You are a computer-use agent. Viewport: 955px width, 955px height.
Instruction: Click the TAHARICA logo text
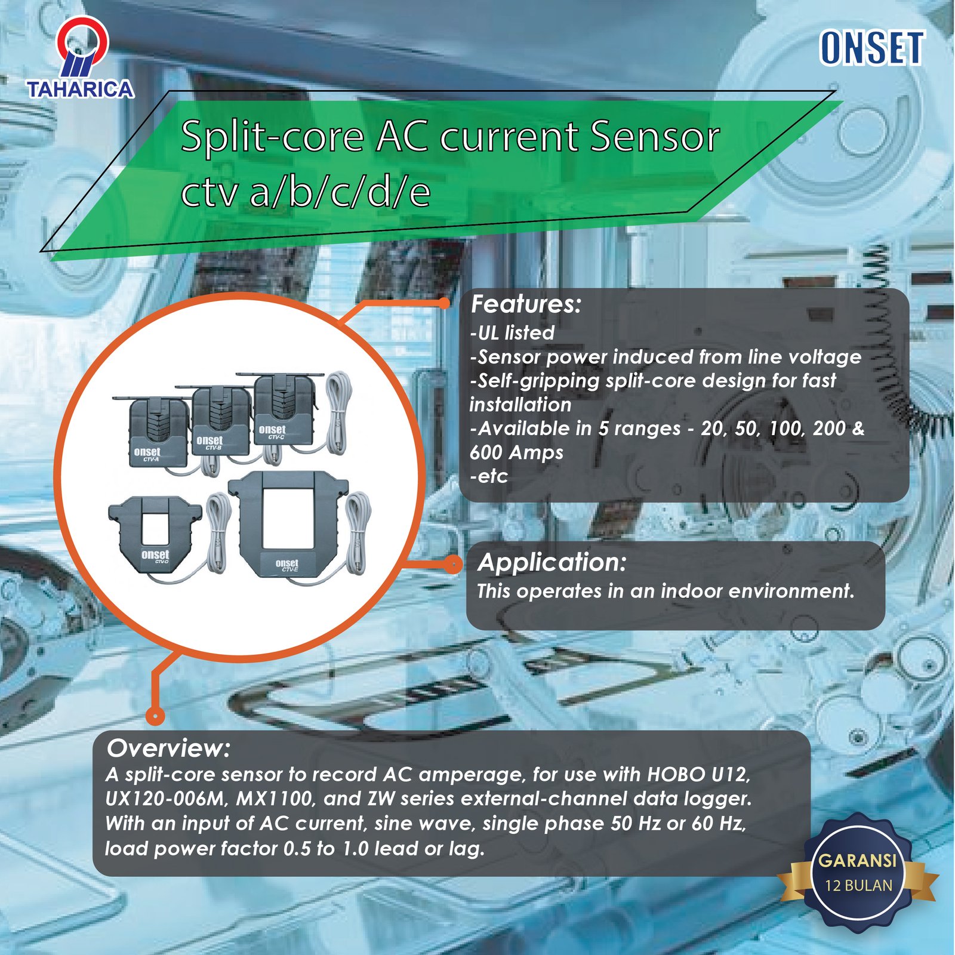click(81, 89)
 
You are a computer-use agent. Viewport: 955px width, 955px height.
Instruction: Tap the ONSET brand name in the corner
click(872, 48)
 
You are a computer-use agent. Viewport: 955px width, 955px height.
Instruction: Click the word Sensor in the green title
click(655, 137)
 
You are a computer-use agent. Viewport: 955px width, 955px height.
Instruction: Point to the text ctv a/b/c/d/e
click(305, 192)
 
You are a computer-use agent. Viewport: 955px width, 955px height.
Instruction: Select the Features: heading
click(526, 304)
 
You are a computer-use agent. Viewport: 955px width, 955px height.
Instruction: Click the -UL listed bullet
click(512, 332)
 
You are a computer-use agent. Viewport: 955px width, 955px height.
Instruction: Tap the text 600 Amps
click(516, 452)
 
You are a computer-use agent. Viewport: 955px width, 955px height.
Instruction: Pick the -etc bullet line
click(489, 476)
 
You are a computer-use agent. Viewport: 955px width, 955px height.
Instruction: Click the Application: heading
click(552, 562)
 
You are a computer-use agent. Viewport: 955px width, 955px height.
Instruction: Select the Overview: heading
click(168, 748)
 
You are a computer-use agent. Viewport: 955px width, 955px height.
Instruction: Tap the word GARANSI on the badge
click(857, 860)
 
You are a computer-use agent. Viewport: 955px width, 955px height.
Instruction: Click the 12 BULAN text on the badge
click(858, 885)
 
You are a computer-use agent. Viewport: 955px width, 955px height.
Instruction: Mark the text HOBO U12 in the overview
click(698, 774)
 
